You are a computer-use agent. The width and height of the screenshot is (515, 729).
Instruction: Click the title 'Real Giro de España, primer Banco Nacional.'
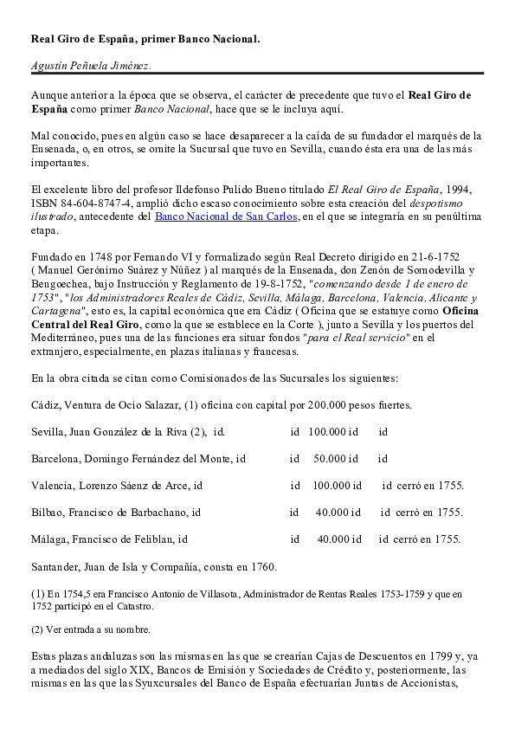pos(145,39)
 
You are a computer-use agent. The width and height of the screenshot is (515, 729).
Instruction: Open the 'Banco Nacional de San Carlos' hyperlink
pos(226,216)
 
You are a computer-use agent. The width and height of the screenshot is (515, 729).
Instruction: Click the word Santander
pos(56,567)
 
